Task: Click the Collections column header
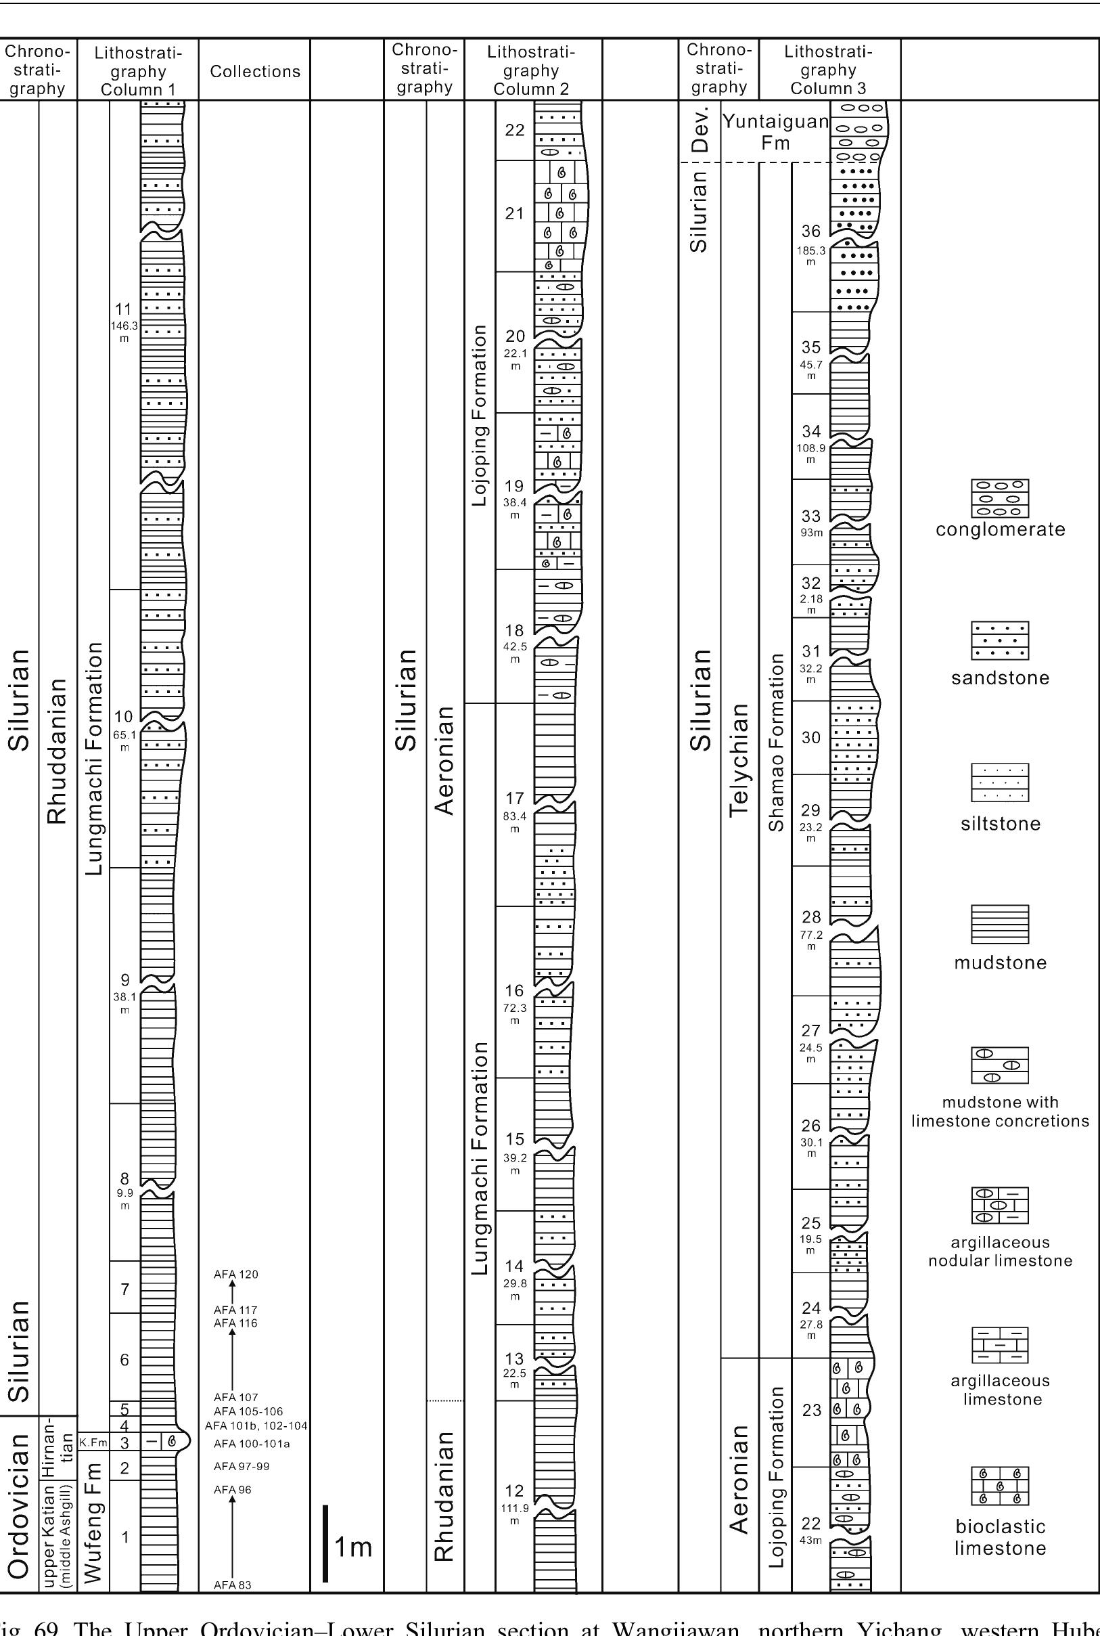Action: click(x=254, y=71)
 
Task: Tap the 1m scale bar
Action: click(x=325, y=1543)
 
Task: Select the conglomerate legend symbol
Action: click(x=1000, y=498)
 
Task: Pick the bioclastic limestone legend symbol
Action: click(x=1000, y=1486)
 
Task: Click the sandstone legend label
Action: click(x=1000, y=678)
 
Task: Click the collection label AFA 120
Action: click(x=235, y=1274)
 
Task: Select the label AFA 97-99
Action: click(x=242, y=1466)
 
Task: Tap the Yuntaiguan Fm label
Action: click(x=775, y=132)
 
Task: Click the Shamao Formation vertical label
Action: click(x=775, y=743)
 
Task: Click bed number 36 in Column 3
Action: click(x=811, y=231)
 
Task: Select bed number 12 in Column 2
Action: click(x=514, y=1491)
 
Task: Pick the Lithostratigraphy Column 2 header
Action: click(x=531, y=70)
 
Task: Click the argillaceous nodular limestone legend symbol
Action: click(x=1000, y=1205)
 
